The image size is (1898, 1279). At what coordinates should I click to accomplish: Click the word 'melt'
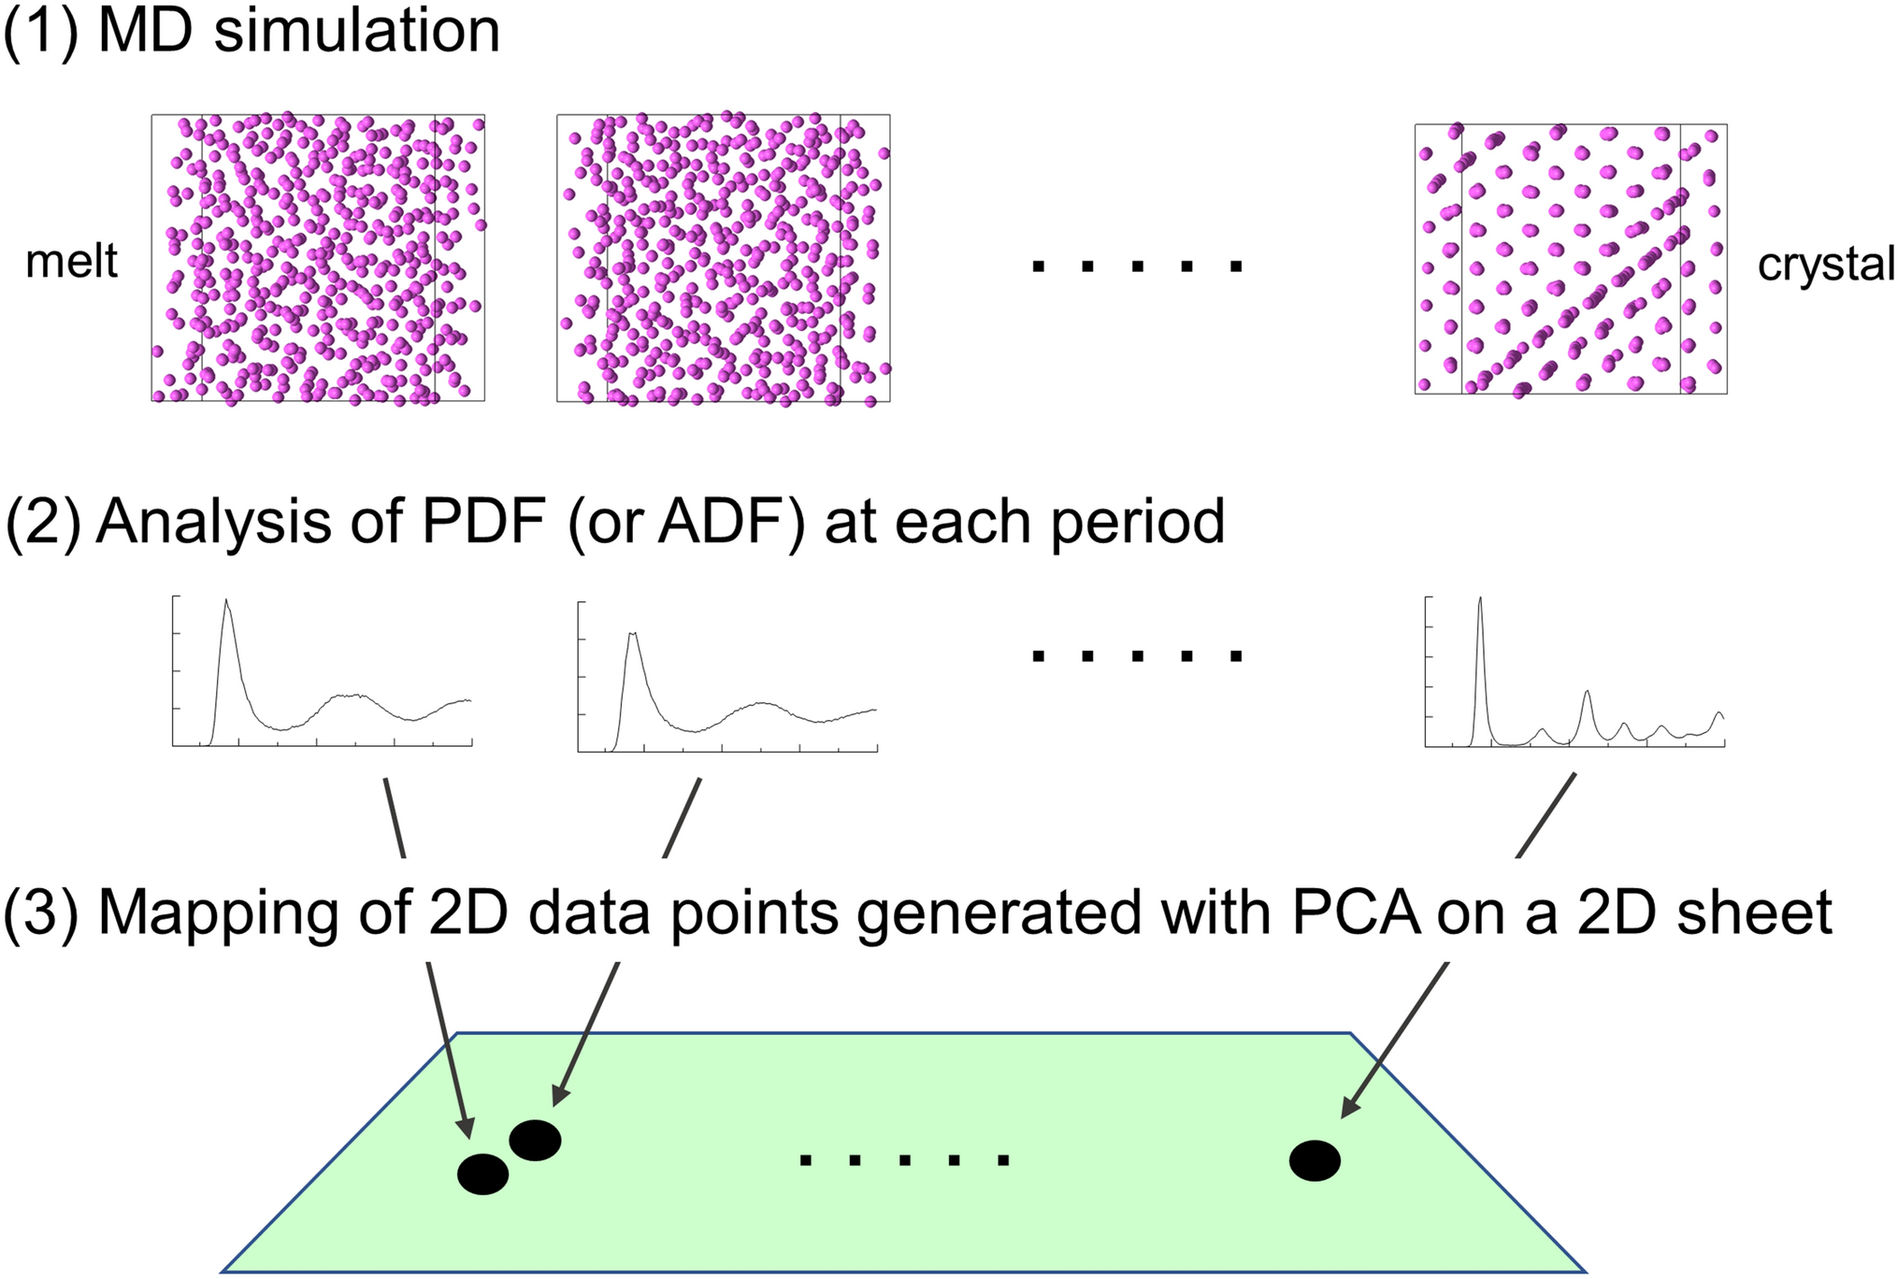click(71, 262)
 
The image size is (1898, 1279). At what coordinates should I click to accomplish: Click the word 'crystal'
click(1825, 265)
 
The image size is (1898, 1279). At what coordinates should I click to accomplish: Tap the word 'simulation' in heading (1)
click(357, 32)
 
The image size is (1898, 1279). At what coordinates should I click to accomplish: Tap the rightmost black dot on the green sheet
click(1315, 1160)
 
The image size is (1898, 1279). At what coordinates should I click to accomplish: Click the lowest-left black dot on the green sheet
click(482, 1173)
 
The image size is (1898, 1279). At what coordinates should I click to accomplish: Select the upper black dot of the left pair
click(535, 1140)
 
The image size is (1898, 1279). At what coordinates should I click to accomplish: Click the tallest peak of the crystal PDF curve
click(1479, 601)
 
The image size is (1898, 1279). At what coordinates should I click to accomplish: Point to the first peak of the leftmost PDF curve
click(226, 604)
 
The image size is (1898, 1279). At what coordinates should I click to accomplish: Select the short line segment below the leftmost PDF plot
click(395, 817)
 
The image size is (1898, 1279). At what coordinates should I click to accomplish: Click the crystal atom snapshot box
click(1570, 259)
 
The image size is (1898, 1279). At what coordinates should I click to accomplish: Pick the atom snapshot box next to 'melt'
click(318, 258)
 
